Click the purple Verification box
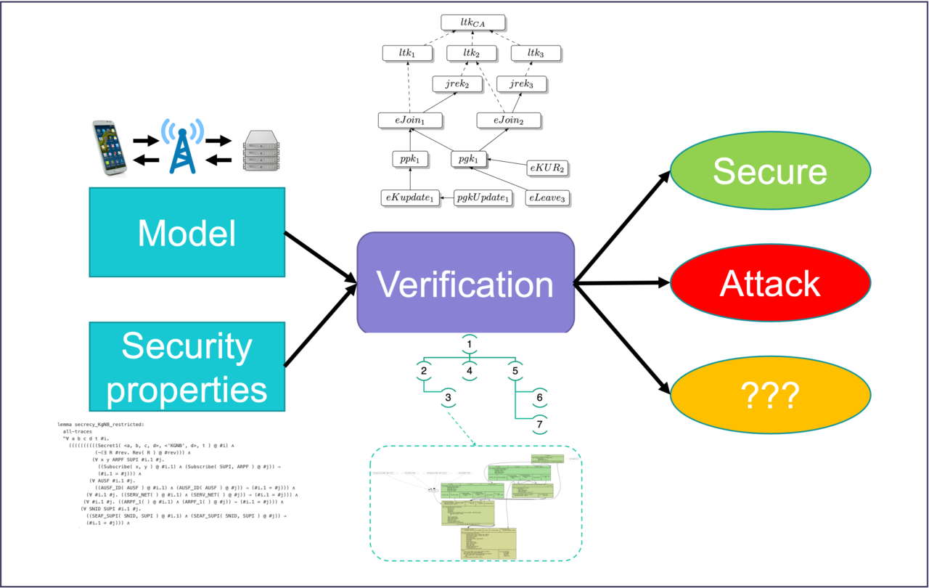(465, 283)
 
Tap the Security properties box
(187, 366)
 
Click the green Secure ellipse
(769, 171)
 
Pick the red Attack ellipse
(769, 284)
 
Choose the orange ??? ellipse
(769, 396)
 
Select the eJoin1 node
(411, 119)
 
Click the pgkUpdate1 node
(483, 197)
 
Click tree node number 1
(470, 344)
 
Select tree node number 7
(539, 423)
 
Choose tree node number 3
(449, 398)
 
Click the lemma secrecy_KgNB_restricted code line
(101, 423)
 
